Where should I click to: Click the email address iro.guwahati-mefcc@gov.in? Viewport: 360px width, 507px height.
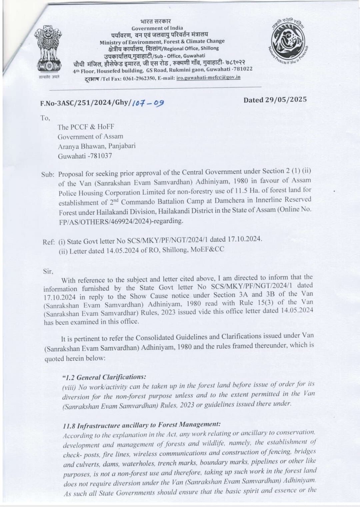(x=206, y=77)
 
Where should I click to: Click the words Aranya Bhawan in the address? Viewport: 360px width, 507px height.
(x=79, y=146)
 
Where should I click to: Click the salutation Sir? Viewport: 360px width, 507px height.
(x=48, y=271)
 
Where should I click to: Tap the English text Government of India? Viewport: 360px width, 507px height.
(x=157, y=28)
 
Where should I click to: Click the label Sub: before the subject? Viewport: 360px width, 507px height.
(x=48, y=174)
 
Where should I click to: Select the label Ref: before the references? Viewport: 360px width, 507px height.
(x=48, y=242)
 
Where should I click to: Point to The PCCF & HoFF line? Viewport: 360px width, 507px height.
(x=86, y=127)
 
